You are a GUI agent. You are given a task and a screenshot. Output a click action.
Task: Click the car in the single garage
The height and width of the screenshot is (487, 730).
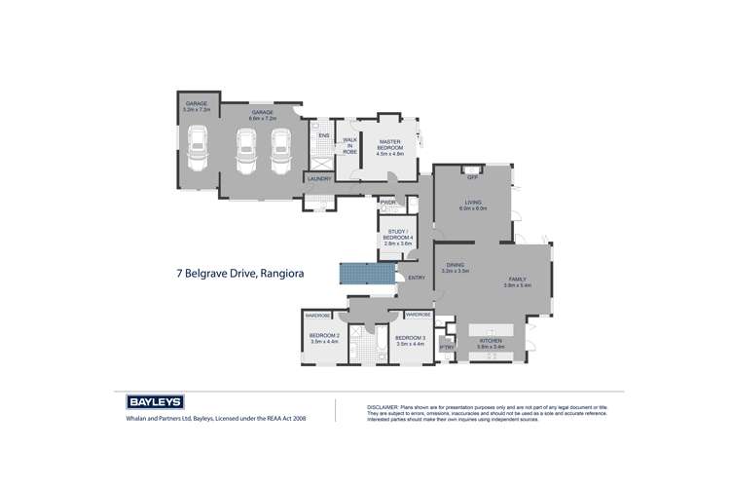click(x=198, y=153)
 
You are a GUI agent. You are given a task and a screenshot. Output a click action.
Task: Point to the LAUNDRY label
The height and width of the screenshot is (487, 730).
click(x=318, y=179)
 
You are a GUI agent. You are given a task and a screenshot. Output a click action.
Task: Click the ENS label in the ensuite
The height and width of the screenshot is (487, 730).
click(x=323, y=135)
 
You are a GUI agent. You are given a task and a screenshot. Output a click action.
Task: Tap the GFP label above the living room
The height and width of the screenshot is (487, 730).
click(x=472, y=177)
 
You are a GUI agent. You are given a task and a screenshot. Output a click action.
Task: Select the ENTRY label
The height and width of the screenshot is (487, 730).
click(x=418, y=279)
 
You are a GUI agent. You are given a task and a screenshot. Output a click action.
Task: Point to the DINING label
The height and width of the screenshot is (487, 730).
click(x=456, y=268)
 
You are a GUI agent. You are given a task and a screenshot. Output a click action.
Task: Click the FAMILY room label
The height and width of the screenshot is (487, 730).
click(x=516, y=281)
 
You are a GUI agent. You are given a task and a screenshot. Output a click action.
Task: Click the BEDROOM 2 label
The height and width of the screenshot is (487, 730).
click(x=323, y=339)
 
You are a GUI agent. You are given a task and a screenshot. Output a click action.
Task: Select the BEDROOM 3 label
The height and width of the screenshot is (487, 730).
click(x=410, y=341)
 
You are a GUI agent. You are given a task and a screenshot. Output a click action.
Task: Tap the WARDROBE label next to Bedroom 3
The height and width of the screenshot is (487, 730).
click(x=419, y=316)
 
